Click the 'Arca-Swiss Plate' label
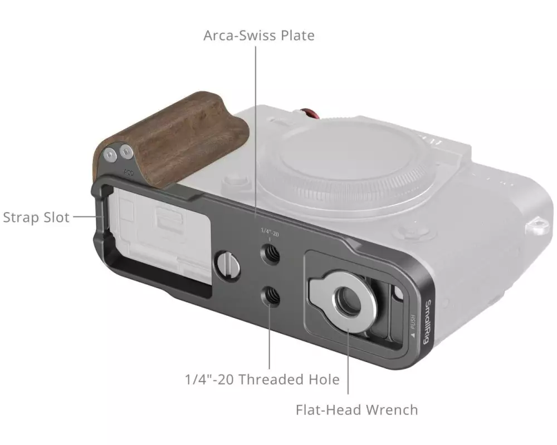pyautogui.click(x=259, y=36)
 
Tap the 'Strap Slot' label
pyautogui.click(x=36, y=217)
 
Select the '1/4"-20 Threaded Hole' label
pyautogui.click(x=262, y=379)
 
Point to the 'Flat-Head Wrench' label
pyautogui.click(x=356, y=410)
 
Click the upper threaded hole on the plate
pyautogui.click(x=270, y=254)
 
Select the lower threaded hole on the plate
pyautogui.click(x=270, y=296)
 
